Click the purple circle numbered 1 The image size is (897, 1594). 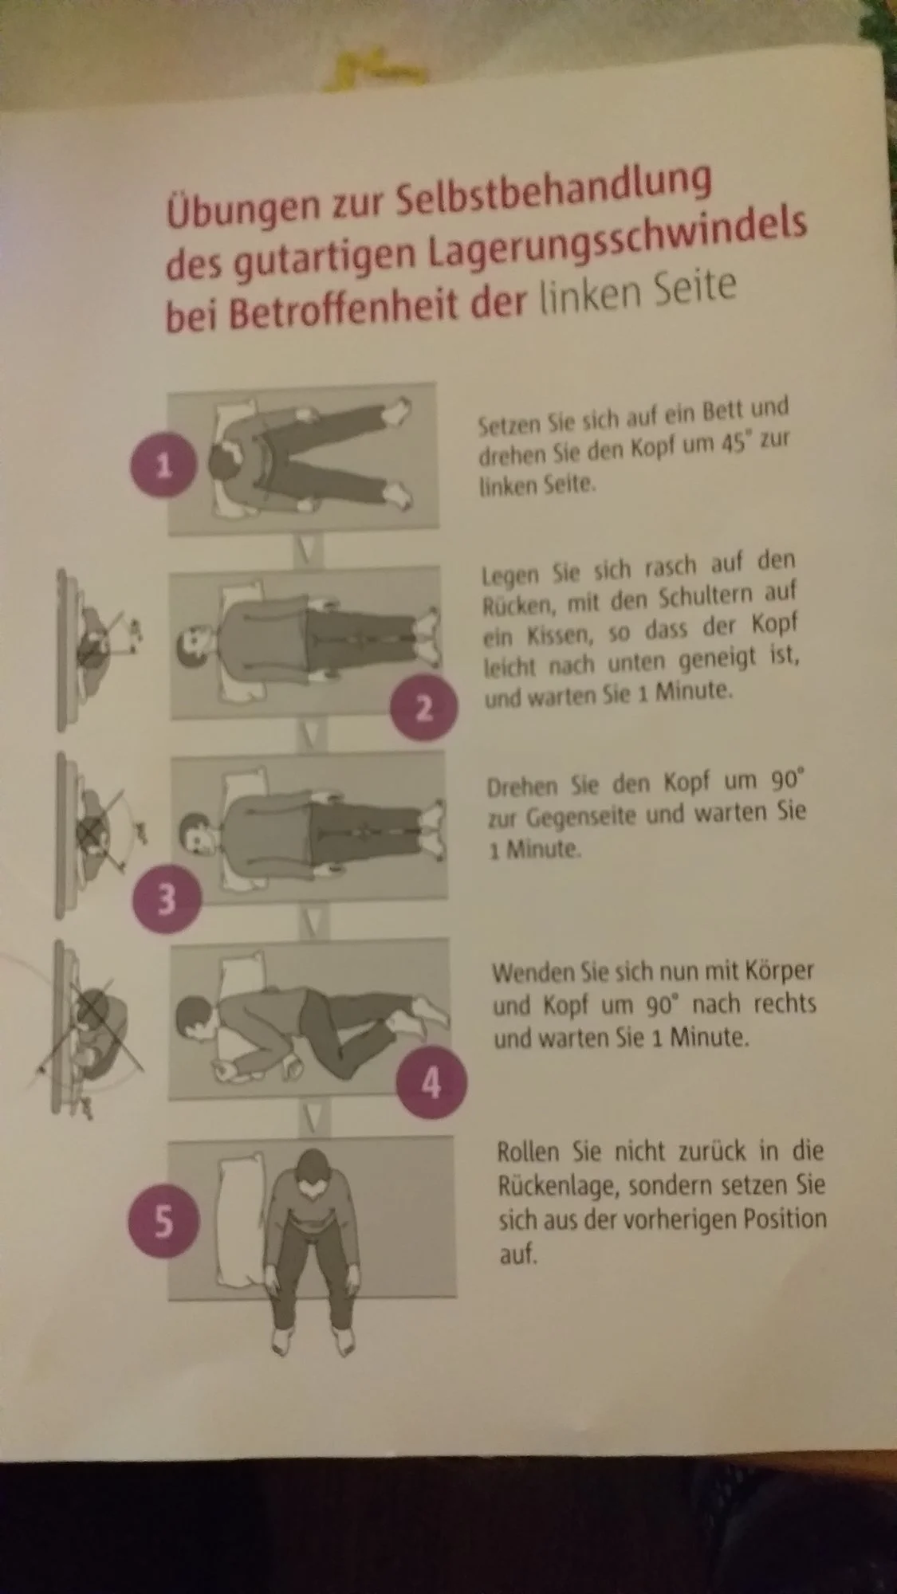coord(163,465)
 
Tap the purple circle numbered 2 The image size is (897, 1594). coord(424,708)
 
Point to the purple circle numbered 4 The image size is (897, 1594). coord(431,1083)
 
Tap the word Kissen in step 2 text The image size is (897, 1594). coord(551,635)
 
